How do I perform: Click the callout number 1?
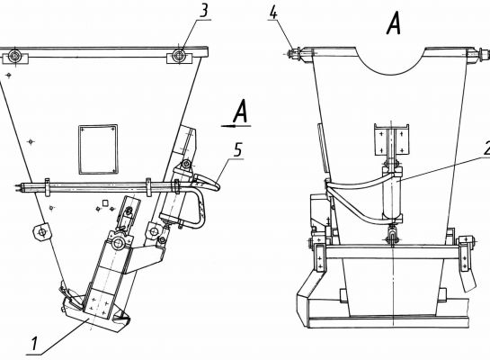[x=34, y=344]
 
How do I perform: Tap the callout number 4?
[x=273, y=13]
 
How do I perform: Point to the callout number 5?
[x=238, y=149]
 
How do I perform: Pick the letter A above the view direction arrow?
[x=241, y=112]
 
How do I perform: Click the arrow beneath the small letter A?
[x=236, y=126]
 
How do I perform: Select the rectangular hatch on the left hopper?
[x=98, y=149]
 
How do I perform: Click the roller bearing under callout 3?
[x=178, y=56]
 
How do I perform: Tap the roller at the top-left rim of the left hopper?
[x=14, y=57]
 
